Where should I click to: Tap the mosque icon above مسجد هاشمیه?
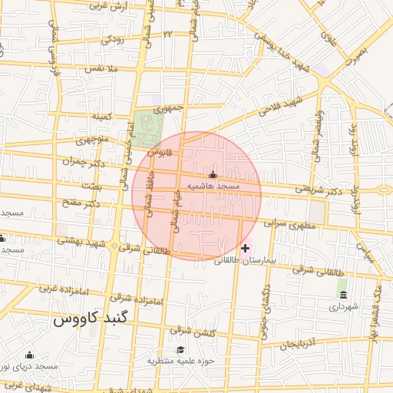213,176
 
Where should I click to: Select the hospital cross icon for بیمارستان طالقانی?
246,248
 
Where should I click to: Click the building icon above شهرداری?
342,296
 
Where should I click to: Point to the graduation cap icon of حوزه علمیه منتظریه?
181,349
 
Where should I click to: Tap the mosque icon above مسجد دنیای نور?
29,355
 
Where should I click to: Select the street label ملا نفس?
101,68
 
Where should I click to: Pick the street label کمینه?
102,117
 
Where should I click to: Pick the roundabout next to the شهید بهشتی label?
115,247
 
